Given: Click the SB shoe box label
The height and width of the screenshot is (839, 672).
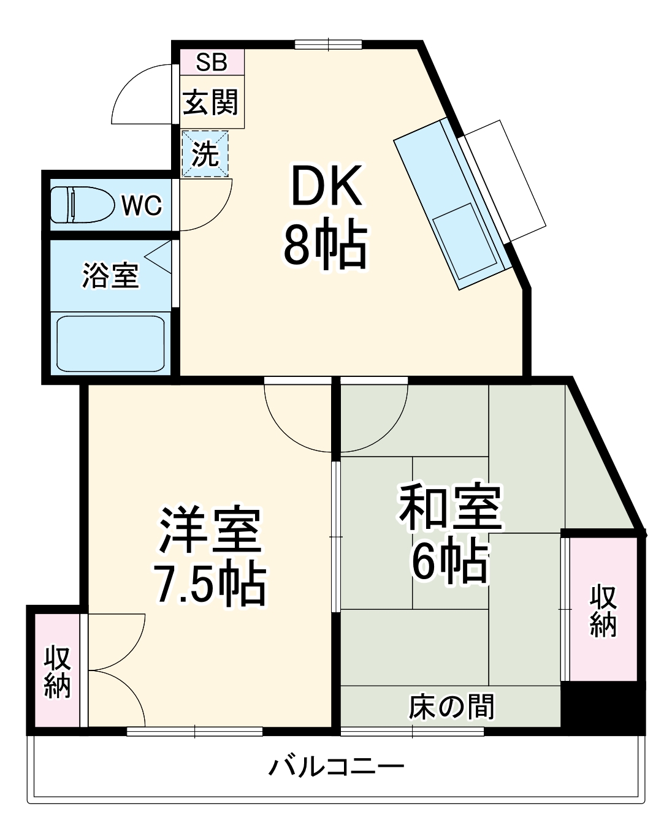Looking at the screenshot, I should [x=212, y=62].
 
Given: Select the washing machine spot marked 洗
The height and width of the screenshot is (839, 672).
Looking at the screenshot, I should [x=205, y=153].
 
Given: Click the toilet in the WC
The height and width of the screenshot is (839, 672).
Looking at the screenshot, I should [x=82, y=205].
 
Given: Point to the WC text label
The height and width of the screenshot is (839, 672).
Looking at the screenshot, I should [x=142, y=206].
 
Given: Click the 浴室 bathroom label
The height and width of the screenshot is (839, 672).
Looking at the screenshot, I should [x=111, y=275].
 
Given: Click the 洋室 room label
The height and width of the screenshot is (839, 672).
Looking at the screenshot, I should [x=210, y=530].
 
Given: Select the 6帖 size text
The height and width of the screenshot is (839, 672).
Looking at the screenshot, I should [x=451, y=560].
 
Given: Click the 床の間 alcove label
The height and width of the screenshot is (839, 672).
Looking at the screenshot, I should [x=451, y=707].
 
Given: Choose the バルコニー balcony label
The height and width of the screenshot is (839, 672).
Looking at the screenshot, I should [x=337, y=766].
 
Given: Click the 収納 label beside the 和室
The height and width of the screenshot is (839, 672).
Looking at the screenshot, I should [x=603, y=610].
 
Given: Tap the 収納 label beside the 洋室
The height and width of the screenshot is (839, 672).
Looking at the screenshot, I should [x=57, y=671].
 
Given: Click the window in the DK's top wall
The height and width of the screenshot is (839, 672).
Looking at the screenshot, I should [x=328, y=44].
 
